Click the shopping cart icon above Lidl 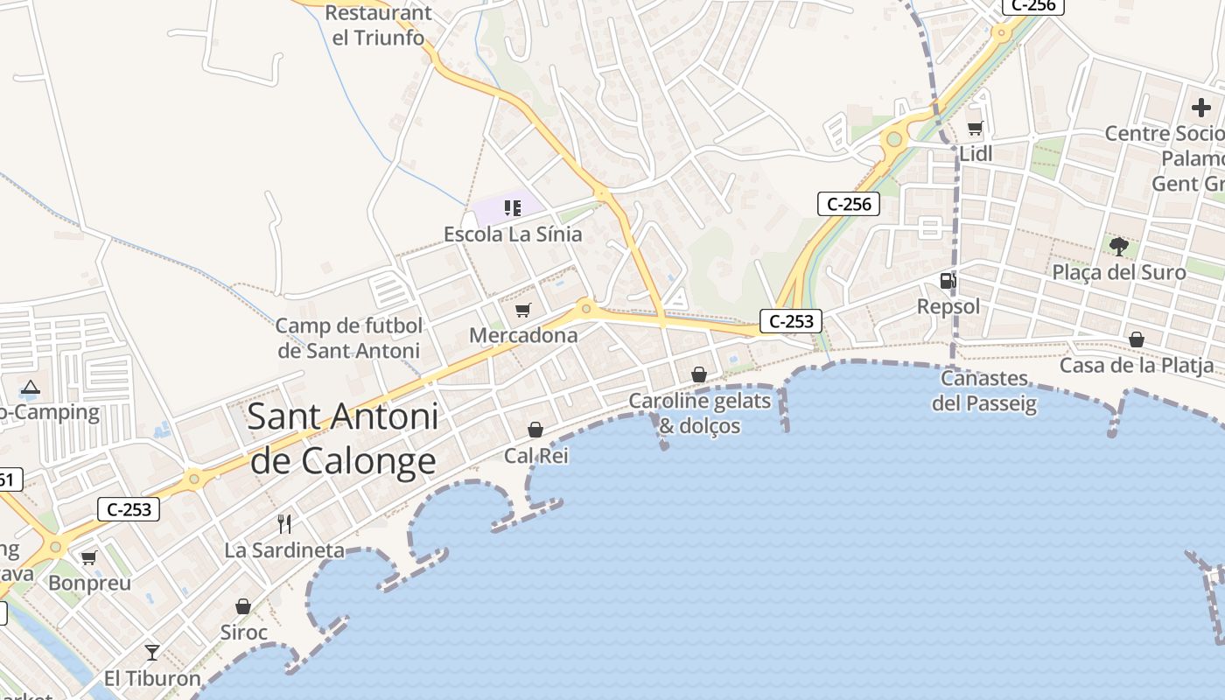click(x=976, y=128)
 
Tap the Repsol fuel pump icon click(x=948, y=281)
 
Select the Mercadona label click(x=523, y=335)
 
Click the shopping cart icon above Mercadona click(x=523, y=310)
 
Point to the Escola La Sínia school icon click(x=513, y=208)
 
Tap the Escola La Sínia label click(x=513, y=234)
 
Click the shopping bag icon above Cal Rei click(x=535, y=430)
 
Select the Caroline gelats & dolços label click(x=700, y=413)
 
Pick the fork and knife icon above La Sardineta click(x=284, y=523)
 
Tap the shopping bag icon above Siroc click(x=243, y=606)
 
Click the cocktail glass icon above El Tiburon click(x=152, y=652)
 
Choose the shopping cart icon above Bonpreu click(x=89, y=557)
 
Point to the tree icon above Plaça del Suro click(x=1118, y=246)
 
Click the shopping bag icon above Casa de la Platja click(x=1137, y=339)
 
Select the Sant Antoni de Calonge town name click(x=343, y=438)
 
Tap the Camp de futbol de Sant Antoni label click(x=349, y=339)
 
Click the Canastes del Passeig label click(x=984, y=391)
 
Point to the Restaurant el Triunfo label click(x=378, y=25)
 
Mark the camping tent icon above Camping click(x=31, y=388)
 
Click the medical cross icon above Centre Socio click(x=1201, y=108)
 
